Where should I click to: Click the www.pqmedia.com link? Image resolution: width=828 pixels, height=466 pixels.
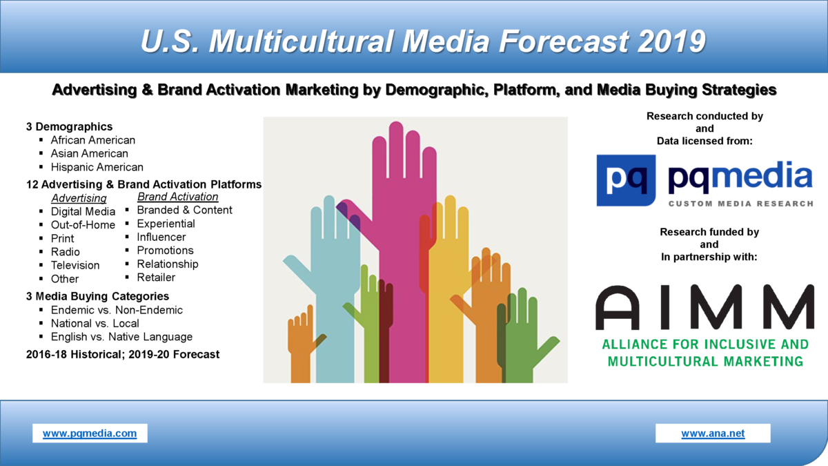tap(90, 434)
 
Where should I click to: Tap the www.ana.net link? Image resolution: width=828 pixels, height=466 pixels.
tap(713, 434)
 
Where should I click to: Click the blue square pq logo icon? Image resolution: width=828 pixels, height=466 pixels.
tap(627, 180)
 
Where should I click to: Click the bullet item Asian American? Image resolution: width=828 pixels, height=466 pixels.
tap(89, 153)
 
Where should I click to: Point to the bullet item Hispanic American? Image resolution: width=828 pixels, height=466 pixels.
tap(97, 167)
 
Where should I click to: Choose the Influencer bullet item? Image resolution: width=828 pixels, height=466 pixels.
tap(161, 237)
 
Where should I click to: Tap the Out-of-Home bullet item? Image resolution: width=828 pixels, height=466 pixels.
tap(83, 224)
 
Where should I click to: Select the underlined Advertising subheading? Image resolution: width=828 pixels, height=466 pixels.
tap(79, 199)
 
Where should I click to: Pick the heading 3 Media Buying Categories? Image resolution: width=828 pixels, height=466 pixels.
tap(97, 296)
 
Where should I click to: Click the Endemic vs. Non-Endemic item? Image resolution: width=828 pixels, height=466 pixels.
tap(117, 310)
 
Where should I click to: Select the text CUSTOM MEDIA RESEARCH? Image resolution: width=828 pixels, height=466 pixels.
tap(740, 204)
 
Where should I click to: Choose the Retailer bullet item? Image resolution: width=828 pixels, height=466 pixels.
tap(156, 278)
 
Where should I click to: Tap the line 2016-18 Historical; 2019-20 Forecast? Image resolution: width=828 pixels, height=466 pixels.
tap(123, 354)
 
